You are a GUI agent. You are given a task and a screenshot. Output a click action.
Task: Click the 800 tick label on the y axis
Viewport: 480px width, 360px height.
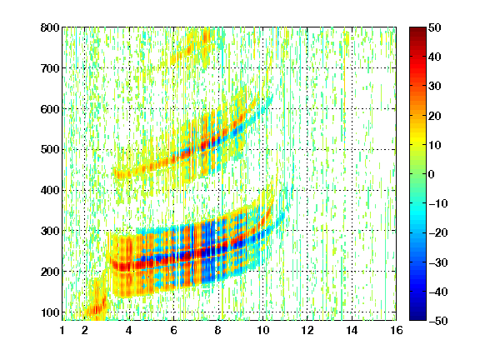click(50, 27)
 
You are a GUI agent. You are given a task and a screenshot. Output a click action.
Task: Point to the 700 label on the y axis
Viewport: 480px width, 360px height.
click(50, 68)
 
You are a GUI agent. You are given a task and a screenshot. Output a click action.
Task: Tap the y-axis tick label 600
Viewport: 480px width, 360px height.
click(50, 109)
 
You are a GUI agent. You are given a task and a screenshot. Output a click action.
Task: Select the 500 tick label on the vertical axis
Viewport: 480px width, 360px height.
click(50, 150)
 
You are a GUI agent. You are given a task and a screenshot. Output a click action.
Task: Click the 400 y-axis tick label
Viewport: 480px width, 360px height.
click(50, 190)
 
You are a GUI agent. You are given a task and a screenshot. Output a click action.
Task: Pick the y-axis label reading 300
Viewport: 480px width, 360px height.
click(50, 231)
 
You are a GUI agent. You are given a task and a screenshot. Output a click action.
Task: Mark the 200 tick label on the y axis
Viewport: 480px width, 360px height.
click(50, 272)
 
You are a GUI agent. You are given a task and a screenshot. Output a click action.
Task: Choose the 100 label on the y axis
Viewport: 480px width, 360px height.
click(50, 312)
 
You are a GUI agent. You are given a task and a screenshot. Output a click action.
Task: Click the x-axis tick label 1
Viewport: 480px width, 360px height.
click(62, 330)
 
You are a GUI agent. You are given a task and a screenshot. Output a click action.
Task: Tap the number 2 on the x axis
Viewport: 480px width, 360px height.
click(85, 330)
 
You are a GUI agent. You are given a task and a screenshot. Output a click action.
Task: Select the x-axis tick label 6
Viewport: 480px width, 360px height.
click(174, 330)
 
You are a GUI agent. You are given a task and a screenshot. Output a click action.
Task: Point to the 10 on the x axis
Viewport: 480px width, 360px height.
click(263, 330)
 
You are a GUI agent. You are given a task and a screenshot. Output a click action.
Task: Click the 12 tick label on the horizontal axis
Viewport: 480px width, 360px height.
click(307, 330)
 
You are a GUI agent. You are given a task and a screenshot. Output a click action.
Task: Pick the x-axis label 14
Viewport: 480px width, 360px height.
click(352, 330)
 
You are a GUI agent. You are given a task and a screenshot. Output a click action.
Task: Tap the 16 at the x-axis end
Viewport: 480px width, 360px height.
click(397, 330)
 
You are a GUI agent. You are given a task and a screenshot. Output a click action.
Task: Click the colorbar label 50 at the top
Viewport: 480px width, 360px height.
click(434, 27)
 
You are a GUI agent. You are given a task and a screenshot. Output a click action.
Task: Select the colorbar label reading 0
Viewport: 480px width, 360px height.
click(432, 174)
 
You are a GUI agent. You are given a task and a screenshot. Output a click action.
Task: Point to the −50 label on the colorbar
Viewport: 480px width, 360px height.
click(437, 321)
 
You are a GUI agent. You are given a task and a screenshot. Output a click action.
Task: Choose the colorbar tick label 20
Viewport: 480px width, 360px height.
click(434, 116)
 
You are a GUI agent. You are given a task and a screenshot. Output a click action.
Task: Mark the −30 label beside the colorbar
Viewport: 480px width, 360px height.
click(437, 262)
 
